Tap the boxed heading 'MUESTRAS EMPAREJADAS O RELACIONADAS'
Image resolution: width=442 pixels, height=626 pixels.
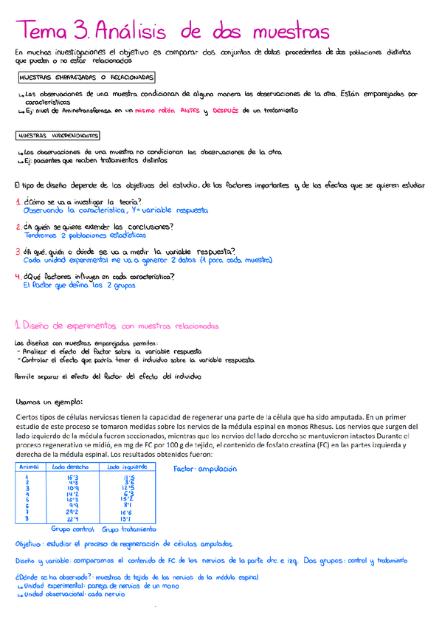coord(85,77)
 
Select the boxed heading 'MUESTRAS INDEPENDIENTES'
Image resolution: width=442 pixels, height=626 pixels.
coord(58,137)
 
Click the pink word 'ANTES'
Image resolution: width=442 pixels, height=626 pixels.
coord(190,111)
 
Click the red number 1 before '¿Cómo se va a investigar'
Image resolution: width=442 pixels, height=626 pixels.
coord(18,202)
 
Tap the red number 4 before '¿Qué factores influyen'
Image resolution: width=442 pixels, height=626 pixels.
coord(18,277)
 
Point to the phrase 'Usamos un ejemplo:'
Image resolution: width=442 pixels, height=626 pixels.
coord(49,402)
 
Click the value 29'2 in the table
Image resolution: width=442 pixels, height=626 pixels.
coord(72,511)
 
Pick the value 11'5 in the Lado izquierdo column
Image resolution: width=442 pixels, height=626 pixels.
coord(130,478)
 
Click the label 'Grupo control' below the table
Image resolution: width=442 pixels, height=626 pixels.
coord(72,529)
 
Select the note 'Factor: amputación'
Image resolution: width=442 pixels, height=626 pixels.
coord(205,469)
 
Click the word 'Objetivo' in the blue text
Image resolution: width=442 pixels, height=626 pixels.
coord(32,543)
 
